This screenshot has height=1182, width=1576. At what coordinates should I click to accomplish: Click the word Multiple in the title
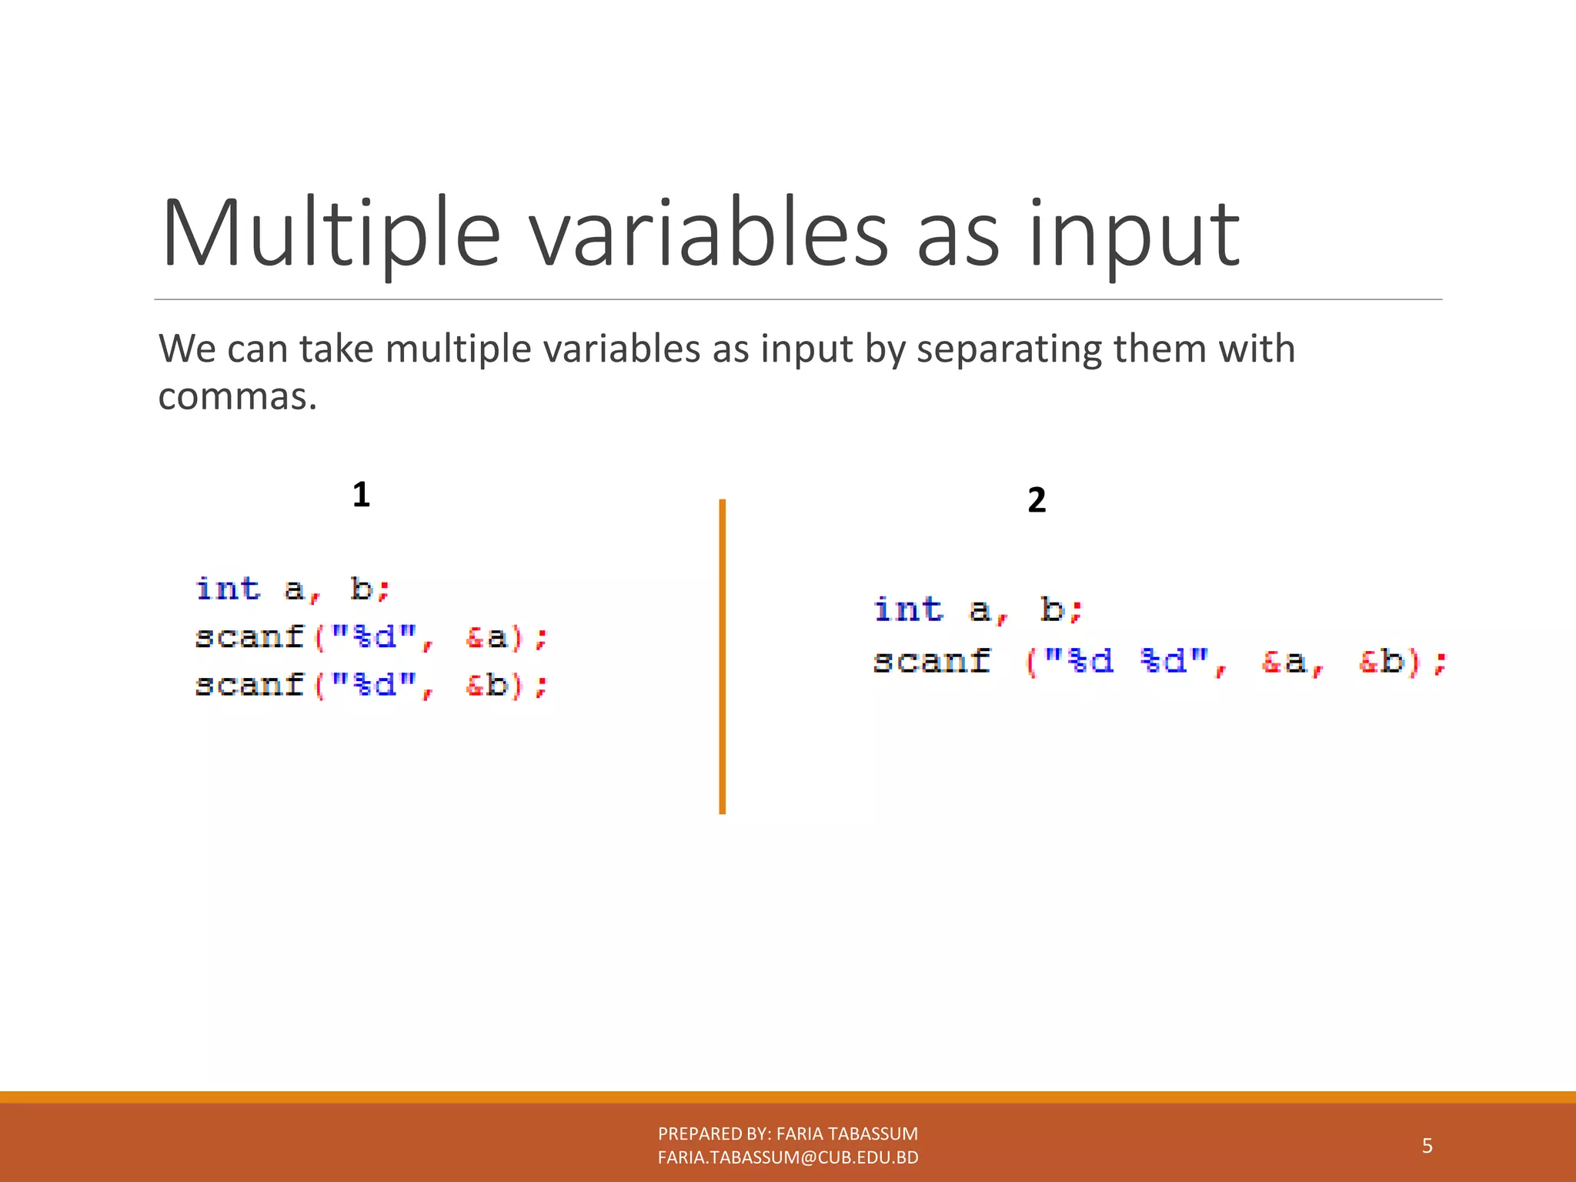[x=331, y=235]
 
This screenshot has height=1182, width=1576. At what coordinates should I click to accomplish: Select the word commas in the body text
[x=237, y=398]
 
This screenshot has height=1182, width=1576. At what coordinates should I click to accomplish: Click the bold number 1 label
[x=361, y=494]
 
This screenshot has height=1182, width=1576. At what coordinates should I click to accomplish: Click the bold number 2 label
[x=1037, y=500]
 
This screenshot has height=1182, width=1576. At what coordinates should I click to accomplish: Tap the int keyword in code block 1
[x=229, y=589]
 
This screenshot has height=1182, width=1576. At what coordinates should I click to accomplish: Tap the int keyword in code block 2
[x=909, y=609]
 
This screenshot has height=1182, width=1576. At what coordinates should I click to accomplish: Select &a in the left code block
[x=486, y=637]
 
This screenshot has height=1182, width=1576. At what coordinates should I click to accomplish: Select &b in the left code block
[x=486, y=685]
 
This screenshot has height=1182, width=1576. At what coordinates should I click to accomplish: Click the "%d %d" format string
[x=1127, y=661]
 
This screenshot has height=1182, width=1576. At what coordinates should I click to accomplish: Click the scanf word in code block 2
[x=932, y=661]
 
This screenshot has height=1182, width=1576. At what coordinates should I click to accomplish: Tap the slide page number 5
[x=1427, y=1146]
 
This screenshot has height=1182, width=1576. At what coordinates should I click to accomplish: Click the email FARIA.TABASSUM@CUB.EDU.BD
[x=788, y=1157]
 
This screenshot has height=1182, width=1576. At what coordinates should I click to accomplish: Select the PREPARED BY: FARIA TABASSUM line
[x=788, y=1134]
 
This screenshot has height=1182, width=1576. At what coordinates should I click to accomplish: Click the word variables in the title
[x=710, y=235]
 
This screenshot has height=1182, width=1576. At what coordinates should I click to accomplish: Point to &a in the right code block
[x=1285, y=661]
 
